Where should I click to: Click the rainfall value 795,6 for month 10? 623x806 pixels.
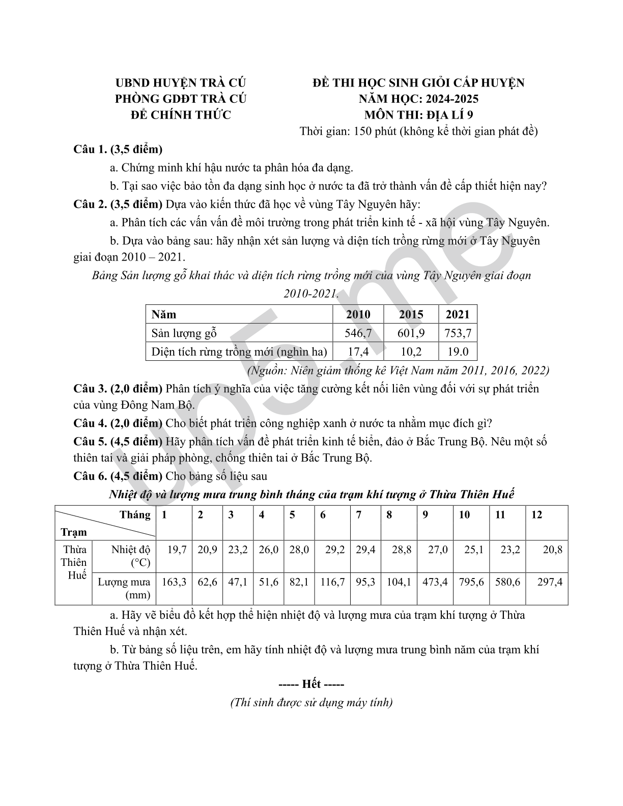click(x=471, y=582)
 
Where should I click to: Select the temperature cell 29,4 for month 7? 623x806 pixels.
click(x=365, y=550)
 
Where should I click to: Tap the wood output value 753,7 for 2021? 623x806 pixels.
click(x=458, y=333)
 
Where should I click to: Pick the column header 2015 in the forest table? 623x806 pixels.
click(x=411, y=314)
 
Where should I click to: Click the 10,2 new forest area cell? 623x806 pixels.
click(x=411, y=352)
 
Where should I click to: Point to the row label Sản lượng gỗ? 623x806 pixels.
click(x=184, y=333)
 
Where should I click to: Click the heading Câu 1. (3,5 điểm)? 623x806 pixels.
click(x=118, y=149)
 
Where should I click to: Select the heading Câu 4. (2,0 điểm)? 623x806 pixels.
click(x=118, y=423)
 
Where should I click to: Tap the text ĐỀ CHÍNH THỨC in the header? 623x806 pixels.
click(x=181, y=115)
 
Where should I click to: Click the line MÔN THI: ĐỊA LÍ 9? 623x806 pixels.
click(x=418, y=115)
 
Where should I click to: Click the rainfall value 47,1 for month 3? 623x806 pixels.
click(x=237, y=582)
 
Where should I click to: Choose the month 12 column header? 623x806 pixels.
click(x=536, y=515)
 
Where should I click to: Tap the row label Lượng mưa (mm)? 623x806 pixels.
click(x=124, y=588)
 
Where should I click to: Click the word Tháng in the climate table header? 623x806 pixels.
click(x=135, y=514)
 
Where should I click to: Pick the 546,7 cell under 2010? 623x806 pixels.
click(x=358, y=333)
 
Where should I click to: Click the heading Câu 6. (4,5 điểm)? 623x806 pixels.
click(x=118, y=476)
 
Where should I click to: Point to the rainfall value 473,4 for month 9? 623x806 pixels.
click(x=435, y=582)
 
